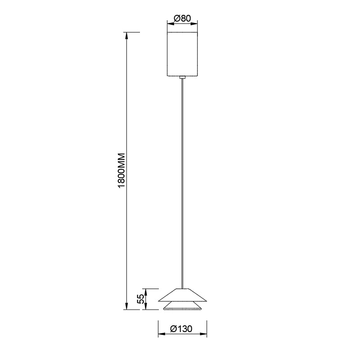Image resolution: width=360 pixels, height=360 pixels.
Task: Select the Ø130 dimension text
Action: pos(182,329)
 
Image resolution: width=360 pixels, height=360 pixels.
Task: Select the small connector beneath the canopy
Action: pos(182,78)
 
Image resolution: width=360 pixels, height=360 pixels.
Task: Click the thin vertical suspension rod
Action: pos(182,180)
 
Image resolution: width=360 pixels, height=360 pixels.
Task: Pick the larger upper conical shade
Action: pos(182,295)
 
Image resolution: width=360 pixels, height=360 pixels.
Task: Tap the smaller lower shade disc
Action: pos(182,306)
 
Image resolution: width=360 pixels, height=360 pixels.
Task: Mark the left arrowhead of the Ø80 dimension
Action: pos(169,22)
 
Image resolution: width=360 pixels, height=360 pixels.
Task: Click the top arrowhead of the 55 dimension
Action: pos(145,291)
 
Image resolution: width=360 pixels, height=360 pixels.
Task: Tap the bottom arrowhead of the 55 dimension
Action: pos(145,307)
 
